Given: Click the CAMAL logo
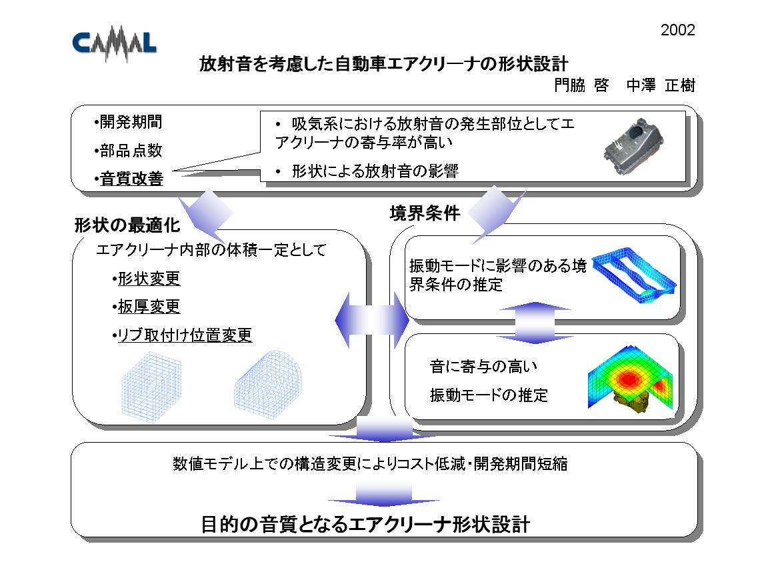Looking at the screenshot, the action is (x=114, y=43).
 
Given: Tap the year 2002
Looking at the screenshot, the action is (x=677, y=30).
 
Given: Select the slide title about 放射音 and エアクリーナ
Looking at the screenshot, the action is (x=383, y=64).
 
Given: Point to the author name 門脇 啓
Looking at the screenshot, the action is (x=581, y=85).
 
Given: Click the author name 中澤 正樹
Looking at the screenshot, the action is (x=661, y=85).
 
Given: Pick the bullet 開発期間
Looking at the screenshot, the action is (x=128, y=122).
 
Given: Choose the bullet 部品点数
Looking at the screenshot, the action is (x=128, y=151).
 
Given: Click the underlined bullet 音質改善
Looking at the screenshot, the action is (x=128, y=178).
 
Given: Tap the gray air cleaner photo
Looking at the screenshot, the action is (x=634, y=145).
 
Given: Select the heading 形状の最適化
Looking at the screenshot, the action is (x=127, y=225).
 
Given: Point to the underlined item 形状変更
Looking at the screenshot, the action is (x=146, y=278).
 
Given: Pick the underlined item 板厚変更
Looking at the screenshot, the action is (x=146, y=307).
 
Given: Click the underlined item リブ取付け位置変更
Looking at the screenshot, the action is (x=182, y=335).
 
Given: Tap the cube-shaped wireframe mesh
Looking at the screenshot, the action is (x=151, y=387).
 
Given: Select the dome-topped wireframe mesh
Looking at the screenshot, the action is (x=267, y=385).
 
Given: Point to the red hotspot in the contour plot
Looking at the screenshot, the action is (x=629, y=378).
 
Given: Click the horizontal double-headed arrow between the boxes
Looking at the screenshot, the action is (x=372, y=321).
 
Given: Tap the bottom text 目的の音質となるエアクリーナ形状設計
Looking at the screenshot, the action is (x=366, y=524).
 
